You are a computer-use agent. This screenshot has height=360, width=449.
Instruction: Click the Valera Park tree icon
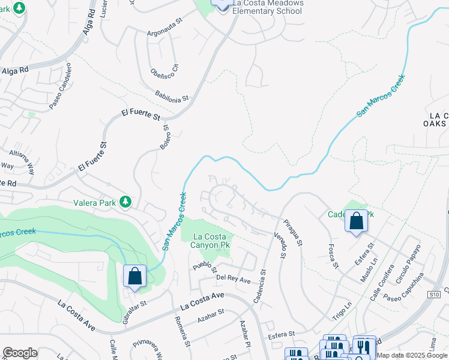125,202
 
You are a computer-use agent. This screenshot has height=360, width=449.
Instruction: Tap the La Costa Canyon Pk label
210,240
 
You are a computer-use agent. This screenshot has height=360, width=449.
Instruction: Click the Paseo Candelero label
60,86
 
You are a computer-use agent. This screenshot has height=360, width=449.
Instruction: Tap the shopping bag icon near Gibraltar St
135,277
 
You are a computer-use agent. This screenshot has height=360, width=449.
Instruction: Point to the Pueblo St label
204,264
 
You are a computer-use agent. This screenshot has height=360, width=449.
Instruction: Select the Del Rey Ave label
233,279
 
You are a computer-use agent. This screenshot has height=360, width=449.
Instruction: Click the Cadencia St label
259,285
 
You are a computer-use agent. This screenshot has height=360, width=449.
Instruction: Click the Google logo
20,353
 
